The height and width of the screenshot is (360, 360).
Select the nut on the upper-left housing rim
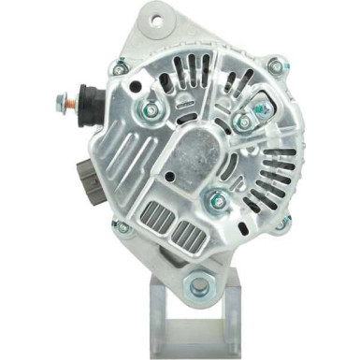[x=120, y=67]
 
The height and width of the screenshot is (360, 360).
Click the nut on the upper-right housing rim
[x=273, y=65]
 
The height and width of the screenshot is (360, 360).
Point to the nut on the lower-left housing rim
[x=122, y=227]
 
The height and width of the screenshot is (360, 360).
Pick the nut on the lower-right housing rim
[x=282, y=223]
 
